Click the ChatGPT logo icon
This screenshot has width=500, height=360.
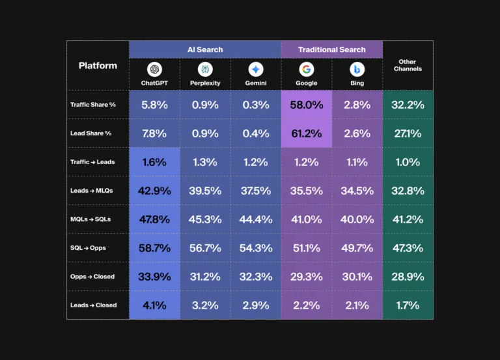tap(154, 70)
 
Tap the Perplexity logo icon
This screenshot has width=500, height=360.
tap(205, 70)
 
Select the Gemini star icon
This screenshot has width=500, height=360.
tap(256, 70)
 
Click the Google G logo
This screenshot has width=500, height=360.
tap(307, 70)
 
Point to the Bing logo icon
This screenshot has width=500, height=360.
tap(357, 70)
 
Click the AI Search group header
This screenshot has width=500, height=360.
tap(205, 49)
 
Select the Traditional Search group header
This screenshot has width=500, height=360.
tap(331, 49)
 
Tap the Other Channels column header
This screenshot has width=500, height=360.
tap(408, 65)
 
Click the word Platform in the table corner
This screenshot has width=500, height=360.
tap(98, 65)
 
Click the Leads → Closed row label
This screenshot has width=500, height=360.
tap(93, 305)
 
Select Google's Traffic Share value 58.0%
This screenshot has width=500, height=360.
tap(307, 105)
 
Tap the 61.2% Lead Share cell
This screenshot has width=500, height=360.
tap(307, 133)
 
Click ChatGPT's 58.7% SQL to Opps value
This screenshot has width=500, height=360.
tap(154, 248)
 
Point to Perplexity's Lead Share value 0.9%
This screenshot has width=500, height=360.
tap(205, 133)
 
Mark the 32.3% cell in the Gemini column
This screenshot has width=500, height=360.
tap(256, 277)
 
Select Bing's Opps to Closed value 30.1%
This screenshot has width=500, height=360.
tap(357, 277)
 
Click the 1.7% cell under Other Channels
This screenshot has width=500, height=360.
tap(408, 305)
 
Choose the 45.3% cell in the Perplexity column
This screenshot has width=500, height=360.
tap(205, 219)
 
